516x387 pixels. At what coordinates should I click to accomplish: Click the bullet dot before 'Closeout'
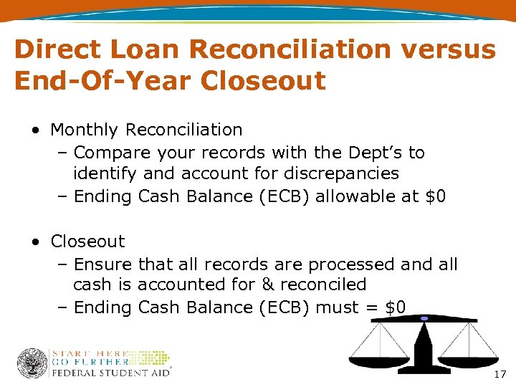pos(35,242)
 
